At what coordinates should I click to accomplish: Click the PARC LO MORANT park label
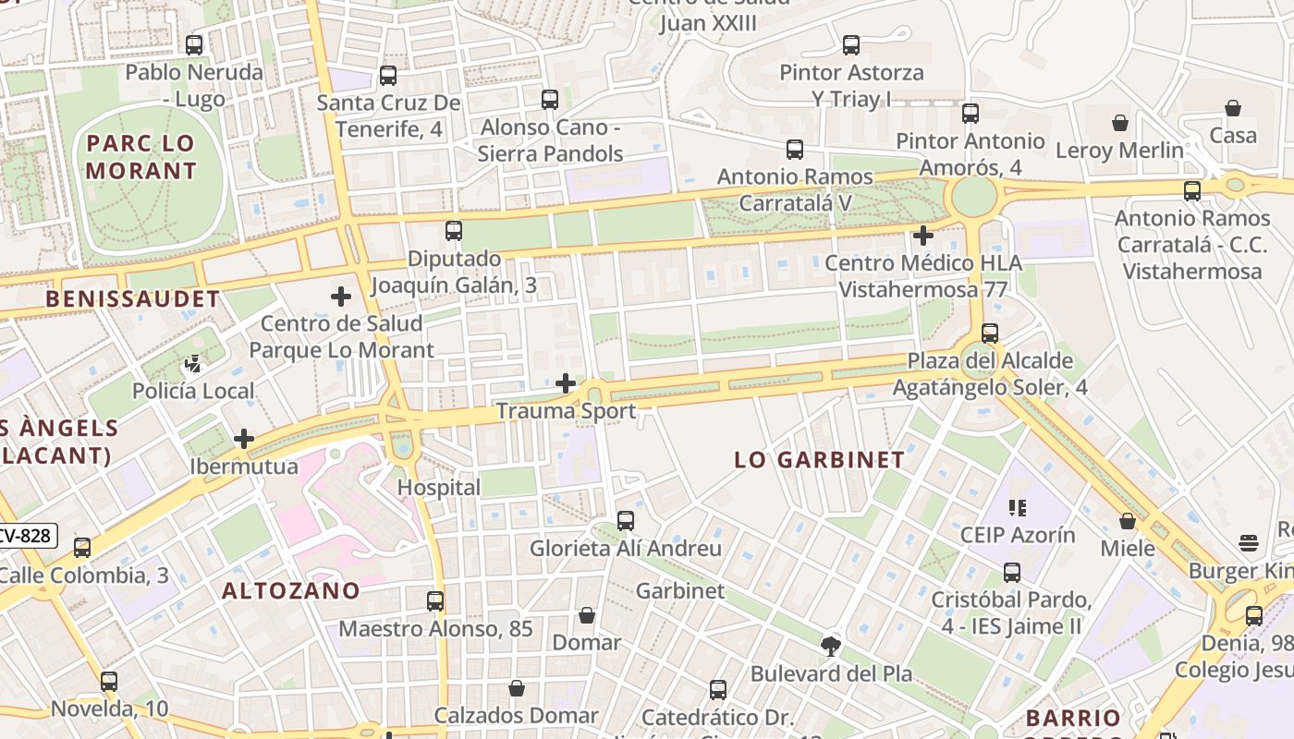141,157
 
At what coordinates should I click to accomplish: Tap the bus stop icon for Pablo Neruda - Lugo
194,44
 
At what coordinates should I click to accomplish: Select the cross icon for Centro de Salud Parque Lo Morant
341,297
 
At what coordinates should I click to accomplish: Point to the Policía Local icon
194,364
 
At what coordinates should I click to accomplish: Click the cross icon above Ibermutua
244,439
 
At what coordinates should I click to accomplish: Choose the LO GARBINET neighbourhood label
819,460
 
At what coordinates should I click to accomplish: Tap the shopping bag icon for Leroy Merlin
1120,123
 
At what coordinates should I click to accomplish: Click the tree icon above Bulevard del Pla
831,647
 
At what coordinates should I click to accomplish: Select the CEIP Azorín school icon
1018,507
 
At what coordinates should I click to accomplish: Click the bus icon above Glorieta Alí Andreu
626,521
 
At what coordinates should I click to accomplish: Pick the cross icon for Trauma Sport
566,383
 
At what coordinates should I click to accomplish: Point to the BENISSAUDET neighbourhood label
133,299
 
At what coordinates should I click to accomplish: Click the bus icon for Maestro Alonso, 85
435,601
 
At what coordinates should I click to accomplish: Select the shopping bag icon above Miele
1128,522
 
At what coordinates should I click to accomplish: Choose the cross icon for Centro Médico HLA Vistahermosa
922,236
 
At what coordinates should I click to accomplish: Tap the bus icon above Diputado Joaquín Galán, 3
454,231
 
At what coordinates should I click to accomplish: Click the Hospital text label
439,488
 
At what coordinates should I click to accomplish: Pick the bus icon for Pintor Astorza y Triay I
851,44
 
